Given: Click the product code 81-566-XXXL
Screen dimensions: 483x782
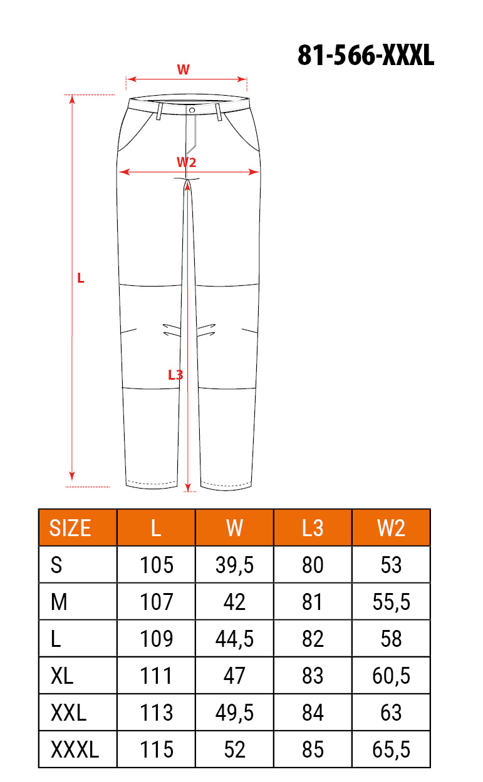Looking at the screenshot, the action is tap(366, 55).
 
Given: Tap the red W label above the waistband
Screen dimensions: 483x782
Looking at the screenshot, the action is tap(183, 70).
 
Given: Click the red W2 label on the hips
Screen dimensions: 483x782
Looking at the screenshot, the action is tap(186, 162).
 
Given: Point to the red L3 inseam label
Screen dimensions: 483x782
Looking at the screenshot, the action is tap(175, 375).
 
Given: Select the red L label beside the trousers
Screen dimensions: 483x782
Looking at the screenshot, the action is tap(80, 278).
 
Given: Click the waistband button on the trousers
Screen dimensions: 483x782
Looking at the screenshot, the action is tap(192, 110).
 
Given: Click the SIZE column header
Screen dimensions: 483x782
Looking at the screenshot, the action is tap(70, 528).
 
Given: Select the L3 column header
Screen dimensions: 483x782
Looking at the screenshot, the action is tap(313, 528).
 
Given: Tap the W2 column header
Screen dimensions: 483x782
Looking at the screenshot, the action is tap(391, 528).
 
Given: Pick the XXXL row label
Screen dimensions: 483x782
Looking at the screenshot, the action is tap(75, 749).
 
